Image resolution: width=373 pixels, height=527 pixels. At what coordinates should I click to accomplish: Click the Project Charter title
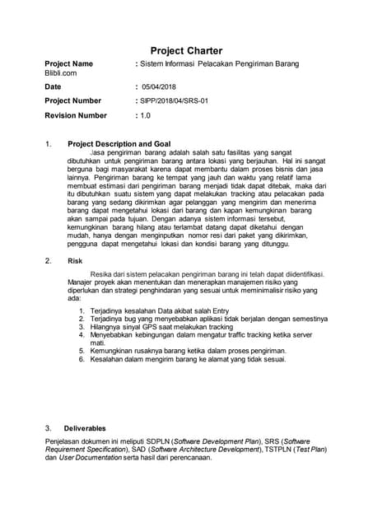click(186, 51)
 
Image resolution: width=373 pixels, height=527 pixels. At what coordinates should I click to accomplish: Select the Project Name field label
click(68, 63)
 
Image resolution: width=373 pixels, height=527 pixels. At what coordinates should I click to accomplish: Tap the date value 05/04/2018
click(158, 86)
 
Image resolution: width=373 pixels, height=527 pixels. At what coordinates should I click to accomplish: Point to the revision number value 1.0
click(146, 115)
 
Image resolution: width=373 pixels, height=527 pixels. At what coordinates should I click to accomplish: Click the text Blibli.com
click(60, 73)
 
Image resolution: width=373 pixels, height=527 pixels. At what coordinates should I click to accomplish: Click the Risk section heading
click(75, 260)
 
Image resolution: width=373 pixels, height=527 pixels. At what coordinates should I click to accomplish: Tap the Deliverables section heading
click(85, 428)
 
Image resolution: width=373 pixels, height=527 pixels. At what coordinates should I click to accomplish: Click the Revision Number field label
click(76, 115)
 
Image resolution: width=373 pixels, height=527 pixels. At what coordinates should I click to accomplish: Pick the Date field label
click(53, 86)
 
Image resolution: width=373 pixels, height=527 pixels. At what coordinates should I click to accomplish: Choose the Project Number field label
click(72, 100)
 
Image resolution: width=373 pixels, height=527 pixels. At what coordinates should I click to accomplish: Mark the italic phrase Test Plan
click(310, 450)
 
